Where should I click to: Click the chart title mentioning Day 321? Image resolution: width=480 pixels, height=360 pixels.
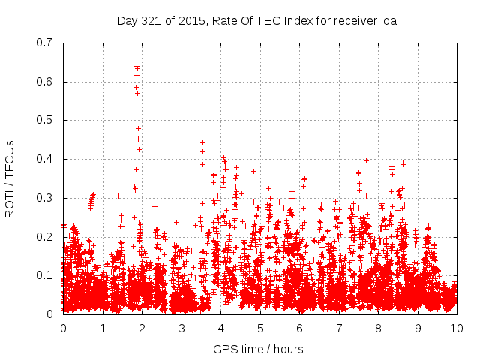[257, 20]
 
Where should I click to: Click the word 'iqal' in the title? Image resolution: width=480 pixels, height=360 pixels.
[387, 20]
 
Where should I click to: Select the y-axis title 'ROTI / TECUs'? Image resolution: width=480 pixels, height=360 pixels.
[10, 178]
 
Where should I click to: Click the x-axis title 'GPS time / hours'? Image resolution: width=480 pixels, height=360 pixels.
[258, 349]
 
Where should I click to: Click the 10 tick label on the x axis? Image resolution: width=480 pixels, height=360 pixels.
[456, 328]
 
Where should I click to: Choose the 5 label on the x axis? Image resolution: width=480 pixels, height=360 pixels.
[259, 328]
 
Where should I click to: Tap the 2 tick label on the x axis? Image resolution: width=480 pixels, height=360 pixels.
[142, 328]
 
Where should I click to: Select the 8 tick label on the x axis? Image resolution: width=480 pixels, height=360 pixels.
[378, 328]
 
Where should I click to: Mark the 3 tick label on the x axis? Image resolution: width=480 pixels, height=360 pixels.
[181, 328]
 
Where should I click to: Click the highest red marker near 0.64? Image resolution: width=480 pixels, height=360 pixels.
[136, 65]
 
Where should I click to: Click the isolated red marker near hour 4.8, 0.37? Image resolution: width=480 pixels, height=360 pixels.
[253, 171]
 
